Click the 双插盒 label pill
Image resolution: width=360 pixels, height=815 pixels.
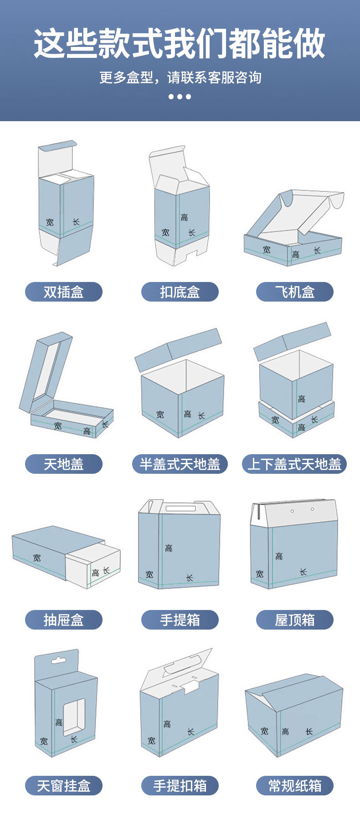pyautogui.click(x=63, y=292)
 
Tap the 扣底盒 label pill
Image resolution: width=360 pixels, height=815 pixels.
pyautogui.click(x=180, y=292)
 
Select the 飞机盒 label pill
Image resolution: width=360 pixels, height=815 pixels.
pyautogui.click(x=294, y=292)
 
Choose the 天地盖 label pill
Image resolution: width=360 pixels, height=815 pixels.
pyautogui.click(x=63, y=464)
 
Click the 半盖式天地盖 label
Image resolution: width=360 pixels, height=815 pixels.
pyautogui.click(x=180, y=464)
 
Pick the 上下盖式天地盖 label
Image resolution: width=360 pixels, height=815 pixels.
pyautogui.click(x=294, y=464)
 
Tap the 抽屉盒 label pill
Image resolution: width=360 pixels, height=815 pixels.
pyautogui.click(x=63, y=620)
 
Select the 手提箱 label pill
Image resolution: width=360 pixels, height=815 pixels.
pyautogui.click(x=180, y=620)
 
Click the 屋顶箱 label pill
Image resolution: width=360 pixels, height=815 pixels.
pyautogui.click(x=294, y=620)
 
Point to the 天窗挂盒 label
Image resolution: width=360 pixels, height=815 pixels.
pyautogui.click(x=63, y=786)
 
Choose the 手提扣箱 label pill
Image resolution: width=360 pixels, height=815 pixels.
pyautogui.click(x=180, y=786)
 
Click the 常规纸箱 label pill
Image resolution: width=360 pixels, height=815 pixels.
pyautogui.click(x=294, y=786)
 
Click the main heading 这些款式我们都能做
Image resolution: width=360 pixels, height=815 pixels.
pyautogui.click(x=180, y=44)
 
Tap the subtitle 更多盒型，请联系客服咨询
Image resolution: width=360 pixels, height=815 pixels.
pyautogui.click(x=180, y=77)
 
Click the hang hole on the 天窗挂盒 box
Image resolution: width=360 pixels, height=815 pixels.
pyautogui.click(x=57, y=660)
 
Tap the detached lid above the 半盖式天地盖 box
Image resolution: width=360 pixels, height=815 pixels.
pyautogui.click(x=178, y=349)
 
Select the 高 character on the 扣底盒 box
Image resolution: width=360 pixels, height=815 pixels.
pyautogui.click(x=184, y=218)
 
